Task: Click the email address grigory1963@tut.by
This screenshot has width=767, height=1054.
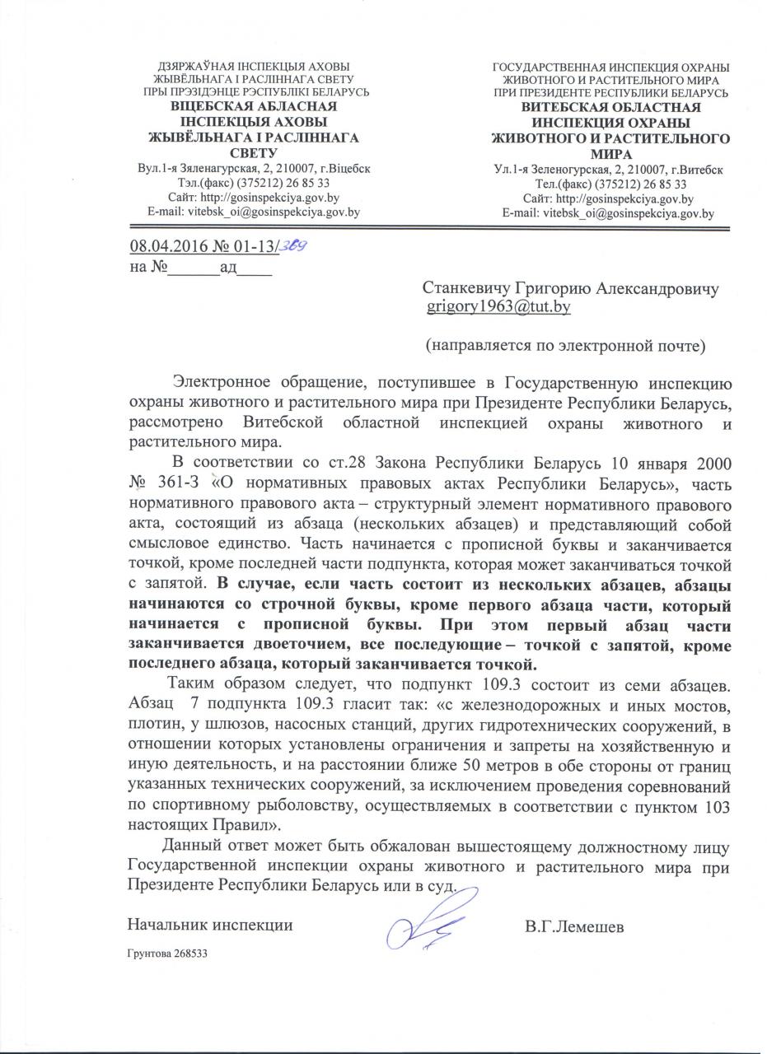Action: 498,307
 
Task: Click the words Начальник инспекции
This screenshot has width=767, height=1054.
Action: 211,925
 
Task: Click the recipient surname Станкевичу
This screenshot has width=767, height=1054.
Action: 467,289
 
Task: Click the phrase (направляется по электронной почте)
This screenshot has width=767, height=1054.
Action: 564,344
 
